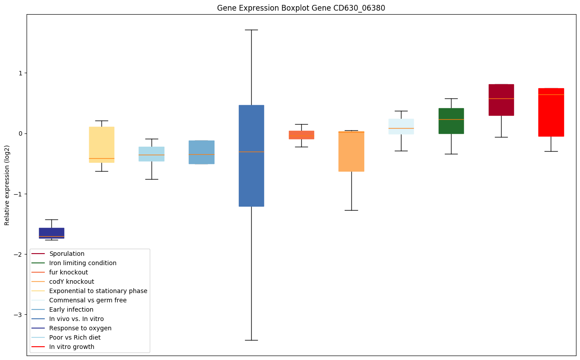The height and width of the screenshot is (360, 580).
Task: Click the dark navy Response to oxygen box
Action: (51, 233)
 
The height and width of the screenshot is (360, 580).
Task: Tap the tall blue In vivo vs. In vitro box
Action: (251, 156)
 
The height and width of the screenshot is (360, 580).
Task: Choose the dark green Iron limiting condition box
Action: (451, 121)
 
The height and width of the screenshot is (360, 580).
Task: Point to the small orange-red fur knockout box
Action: (301, 135)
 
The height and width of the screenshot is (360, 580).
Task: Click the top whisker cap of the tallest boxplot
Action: (251, 30)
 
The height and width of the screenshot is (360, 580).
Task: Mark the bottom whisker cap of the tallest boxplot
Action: (251, 340)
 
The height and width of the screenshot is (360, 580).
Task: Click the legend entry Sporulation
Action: (67, 254)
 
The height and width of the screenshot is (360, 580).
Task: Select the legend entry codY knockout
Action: (71, 282)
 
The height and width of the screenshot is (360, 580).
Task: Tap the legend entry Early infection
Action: (71, 309)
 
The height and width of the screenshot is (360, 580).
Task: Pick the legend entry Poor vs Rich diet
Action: (75, 337)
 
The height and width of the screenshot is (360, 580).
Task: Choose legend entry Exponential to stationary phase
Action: (98, 291)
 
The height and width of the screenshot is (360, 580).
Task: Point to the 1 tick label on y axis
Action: (19, 73)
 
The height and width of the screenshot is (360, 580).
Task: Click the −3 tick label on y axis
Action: (18, 315)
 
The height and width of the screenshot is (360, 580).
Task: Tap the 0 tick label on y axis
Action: (19, 133)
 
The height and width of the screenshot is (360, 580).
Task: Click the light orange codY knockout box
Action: (351, 151)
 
